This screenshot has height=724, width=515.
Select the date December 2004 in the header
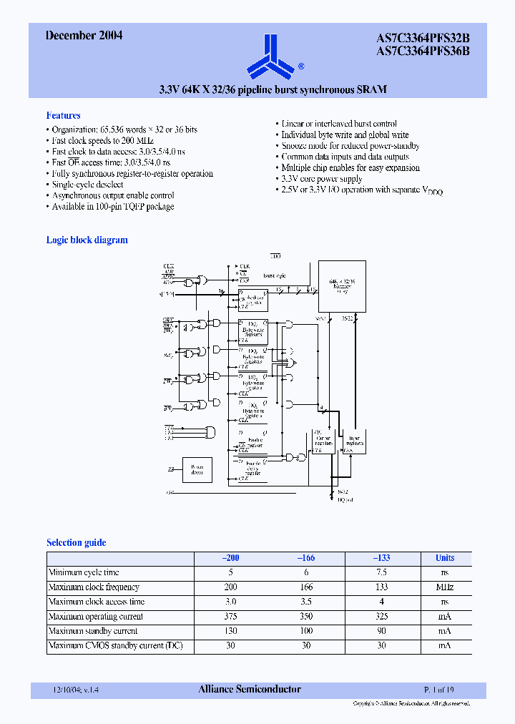click(84, 35)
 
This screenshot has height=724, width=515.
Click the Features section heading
click(63, 115)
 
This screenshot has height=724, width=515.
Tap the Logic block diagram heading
click(87, 240)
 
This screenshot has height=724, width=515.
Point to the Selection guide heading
click(76, 542)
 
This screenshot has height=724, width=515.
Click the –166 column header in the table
click(305, 558)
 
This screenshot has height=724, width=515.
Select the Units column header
click(444, 558)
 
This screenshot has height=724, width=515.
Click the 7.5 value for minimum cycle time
click(381, 572)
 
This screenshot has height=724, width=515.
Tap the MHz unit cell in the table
click(444, 587)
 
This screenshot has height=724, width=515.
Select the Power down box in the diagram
click(197, 470)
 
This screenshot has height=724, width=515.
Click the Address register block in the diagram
click(253, 300)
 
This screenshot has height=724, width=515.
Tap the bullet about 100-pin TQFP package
click(112, 207)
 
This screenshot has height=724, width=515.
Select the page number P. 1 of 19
click(438, 690)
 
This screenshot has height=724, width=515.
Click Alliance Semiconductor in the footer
click(249, 690)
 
